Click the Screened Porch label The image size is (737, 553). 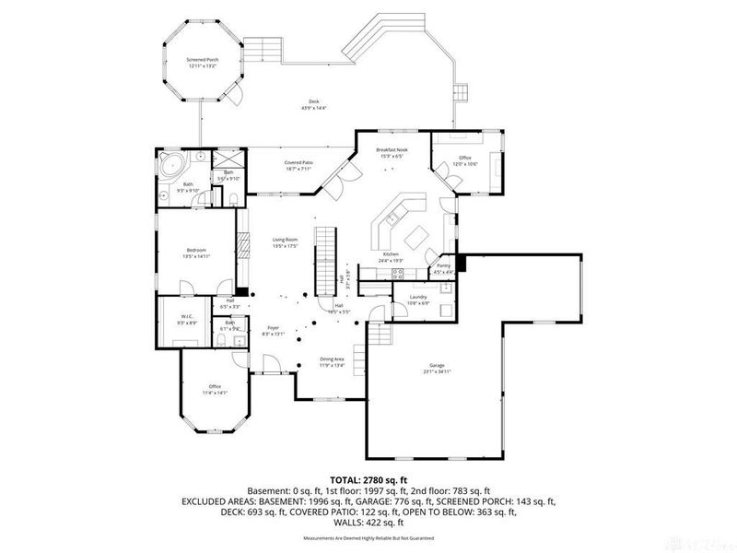[x=202, y=60]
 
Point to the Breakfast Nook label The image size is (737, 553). [x=392, y=150]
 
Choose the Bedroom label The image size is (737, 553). [x=196, y=250]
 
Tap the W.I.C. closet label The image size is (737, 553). [x=187, y=318]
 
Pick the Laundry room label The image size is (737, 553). [x=418, y=297]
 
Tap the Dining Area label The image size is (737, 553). [x=332, y=359]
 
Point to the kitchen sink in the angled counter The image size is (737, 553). [x=391, y=219]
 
